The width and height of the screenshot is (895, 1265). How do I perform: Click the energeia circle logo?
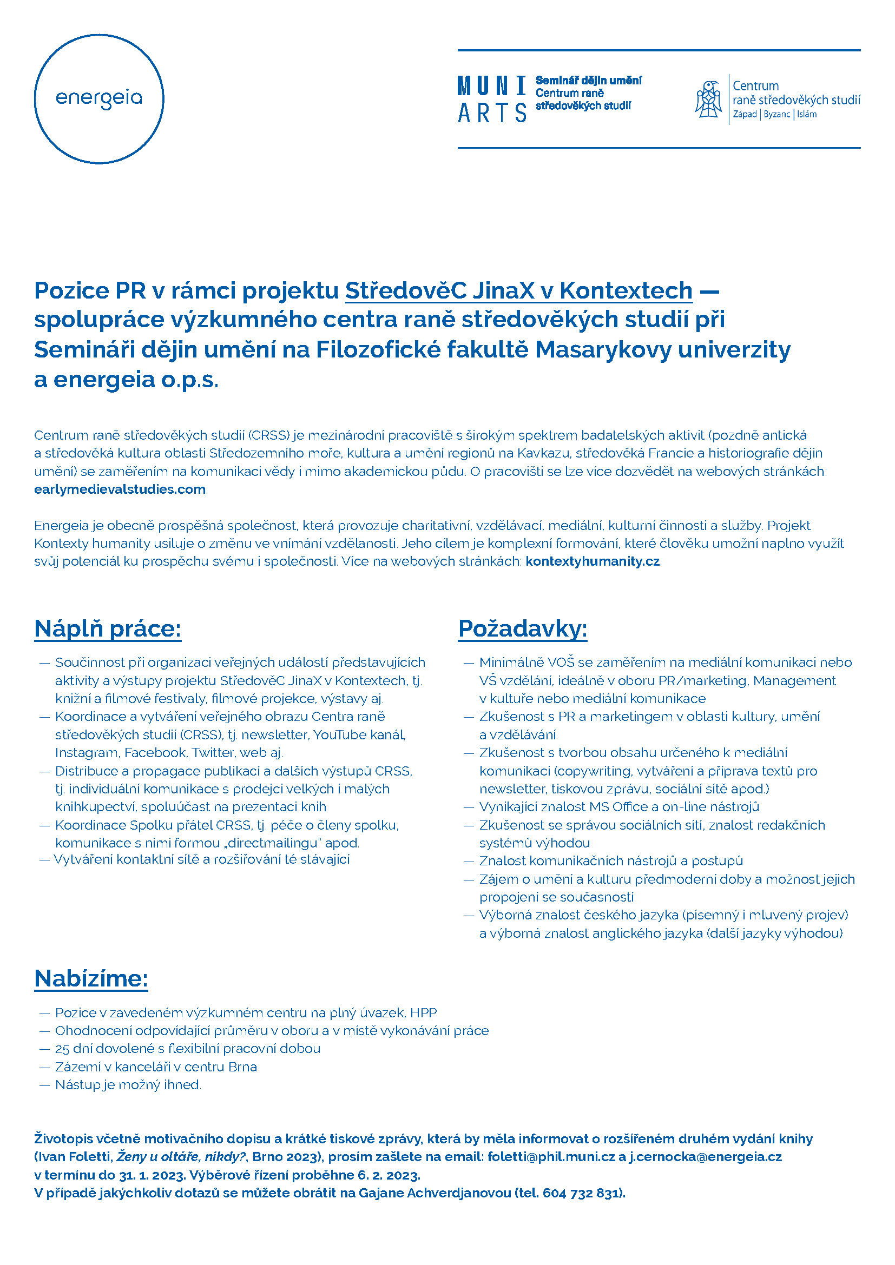pos(99,99)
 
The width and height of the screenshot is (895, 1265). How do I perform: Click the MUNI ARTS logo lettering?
pos(491,100)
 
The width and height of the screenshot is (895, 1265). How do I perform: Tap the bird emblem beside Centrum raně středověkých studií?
pos(709,99)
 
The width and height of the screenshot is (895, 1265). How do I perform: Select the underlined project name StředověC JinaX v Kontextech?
pos(518,290)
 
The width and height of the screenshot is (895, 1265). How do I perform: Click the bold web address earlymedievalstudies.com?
pos(120,489)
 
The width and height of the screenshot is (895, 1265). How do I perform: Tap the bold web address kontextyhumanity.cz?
pos(593,561)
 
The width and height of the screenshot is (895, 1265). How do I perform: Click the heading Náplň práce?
pos(108,628)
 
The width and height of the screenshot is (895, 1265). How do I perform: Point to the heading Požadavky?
pos(523,628)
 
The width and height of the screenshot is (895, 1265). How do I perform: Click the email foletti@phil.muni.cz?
pos(550,1156)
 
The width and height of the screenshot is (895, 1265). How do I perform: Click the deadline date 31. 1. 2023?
pos(151,1175)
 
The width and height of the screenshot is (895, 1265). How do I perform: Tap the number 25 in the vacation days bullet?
pos(62,1049)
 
